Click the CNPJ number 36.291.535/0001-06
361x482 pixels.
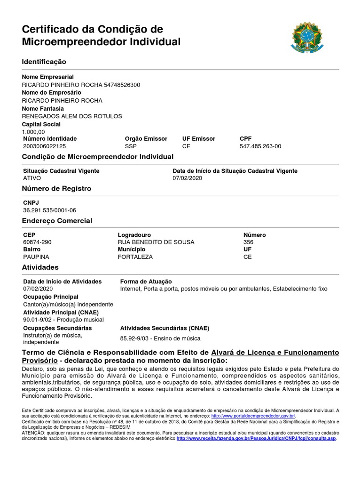tap(49, 210)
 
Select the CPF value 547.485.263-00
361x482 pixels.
tap(260, 146)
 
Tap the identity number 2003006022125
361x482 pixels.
tap(44, 146)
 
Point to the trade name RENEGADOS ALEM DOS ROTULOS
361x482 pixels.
tap(72, 116)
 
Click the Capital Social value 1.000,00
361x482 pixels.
tap(33, 132)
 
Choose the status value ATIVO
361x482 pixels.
tap(32, 178)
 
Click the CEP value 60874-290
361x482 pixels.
tap(37, 242)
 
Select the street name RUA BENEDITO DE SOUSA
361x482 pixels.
tap(156, 242)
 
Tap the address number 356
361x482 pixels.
tap(248, 242)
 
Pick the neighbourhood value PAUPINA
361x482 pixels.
tap(36, 257)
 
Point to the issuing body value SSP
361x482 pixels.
tap(130, 146)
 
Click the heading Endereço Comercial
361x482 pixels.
tap(57, 221)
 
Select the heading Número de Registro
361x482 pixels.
tap(56, 189)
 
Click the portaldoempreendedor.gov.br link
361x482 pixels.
tap(253, 416)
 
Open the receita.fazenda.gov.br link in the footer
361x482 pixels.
tap(256, 438)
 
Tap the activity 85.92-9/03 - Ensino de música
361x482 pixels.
tap(160, 338)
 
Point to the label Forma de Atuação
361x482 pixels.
tap(146, 281)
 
